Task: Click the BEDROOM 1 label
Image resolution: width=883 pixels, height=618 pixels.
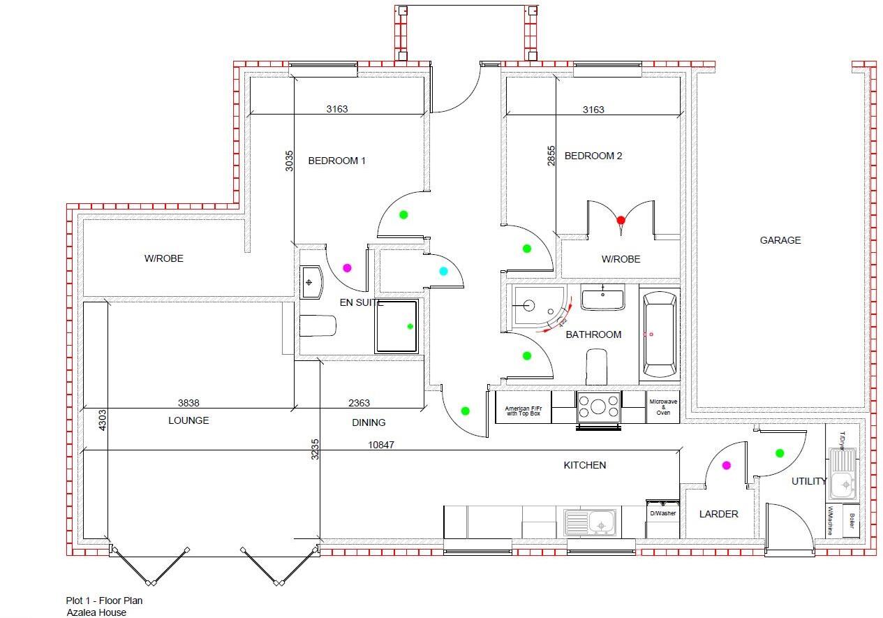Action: tap(336, 161)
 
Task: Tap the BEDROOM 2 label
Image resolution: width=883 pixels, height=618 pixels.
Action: tap(593, 156)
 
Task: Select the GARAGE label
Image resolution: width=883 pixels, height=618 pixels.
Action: tap(780, 240)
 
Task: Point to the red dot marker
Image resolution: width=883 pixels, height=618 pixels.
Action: tap(621, 220)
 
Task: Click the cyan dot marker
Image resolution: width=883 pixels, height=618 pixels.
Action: tap(443, 272)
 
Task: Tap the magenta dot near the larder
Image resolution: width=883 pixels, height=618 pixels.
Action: tap(726, 465)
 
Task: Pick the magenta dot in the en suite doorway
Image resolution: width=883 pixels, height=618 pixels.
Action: tap(347, 267)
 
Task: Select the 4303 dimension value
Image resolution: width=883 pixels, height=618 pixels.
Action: tap(102, 420)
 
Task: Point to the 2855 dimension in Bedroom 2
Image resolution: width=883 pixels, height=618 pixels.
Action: tap(551, 156)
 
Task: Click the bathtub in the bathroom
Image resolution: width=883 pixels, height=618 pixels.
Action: tap(659, 334)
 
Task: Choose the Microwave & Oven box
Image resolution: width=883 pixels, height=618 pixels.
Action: tap(663, 407)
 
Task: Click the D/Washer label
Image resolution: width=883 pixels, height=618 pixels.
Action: tap(662, 513)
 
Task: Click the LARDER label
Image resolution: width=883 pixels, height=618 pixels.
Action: tap(718, 514)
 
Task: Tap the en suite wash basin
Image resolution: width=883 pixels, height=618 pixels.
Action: tap(311, 282)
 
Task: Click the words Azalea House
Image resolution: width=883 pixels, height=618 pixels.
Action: tap(96, 612)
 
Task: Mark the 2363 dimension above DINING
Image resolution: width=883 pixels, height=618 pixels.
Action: tap(359, 403)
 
